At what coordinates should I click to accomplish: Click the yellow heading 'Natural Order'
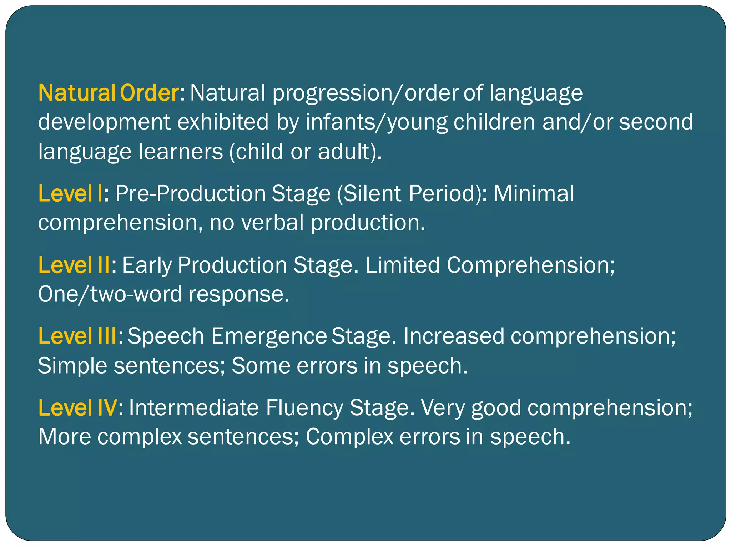tap(108, 93)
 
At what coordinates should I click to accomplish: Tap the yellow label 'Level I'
tap(70, 194)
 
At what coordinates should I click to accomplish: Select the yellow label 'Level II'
tap(74, 265)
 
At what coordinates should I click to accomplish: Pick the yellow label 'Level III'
tap(77, 336)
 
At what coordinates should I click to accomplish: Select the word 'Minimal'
tap(534, 194)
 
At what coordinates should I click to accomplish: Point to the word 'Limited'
tap(402, 265)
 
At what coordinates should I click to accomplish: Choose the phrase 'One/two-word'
tap(110, 295)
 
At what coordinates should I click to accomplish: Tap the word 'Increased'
tap(453, 336)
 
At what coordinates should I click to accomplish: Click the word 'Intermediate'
tap(193, 408)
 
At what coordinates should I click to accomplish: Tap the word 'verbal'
tap(272, 223)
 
